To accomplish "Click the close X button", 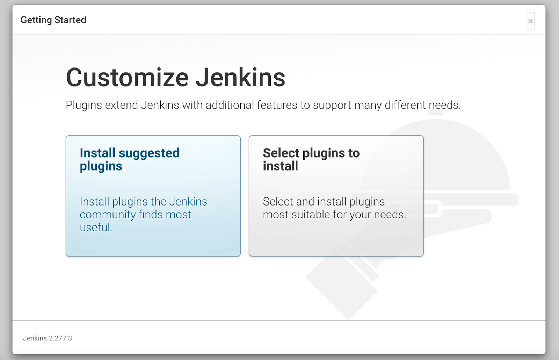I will (530, 21).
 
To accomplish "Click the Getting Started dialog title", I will (53, 20).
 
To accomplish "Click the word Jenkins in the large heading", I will (240, 78).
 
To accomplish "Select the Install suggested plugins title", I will (129, 159).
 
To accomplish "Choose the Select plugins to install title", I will (311, 159).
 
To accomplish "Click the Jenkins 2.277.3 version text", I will (48, 338).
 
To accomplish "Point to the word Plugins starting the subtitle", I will (84, 105).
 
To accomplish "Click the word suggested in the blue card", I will (149, 153).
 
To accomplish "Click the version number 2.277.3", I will (60, 338).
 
